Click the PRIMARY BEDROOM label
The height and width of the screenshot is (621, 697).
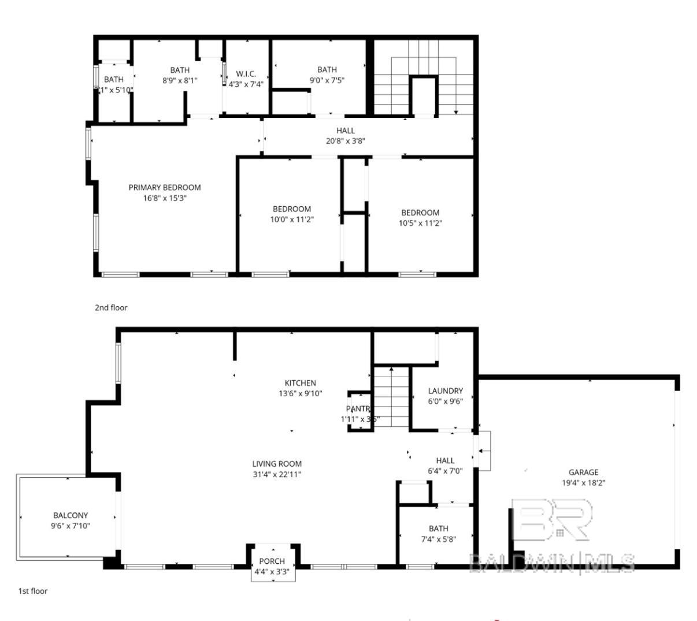[x=165, y=188]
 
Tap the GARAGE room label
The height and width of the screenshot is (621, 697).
[x=583, y=472]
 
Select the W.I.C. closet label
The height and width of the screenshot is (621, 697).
[x=246, y=74]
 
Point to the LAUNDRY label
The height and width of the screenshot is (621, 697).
[x=445, y=391]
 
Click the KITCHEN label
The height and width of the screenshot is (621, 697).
[x=300, y=383]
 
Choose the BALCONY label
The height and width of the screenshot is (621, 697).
[x=71, y=515]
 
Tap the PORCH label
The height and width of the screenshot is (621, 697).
[x=272, y=561]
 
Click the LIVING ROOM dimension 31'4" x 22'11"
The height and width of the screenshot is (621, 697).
[x=277, y=474]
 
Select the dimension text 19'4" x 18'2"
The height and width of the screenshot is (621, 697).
[x=583, y=482]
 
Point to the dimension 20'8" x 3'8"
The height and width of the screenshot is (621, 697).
[x=346, y=140]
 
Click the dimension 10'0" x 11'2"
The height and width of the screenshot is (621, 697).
[x=292, y=220]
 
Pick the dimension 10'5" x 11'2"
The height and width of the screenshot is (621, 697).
[x=420, y=223]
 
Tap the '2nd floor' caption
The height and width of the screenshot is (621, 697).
[x=111, y=308]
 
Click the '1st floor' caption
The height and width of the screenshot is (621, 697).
[x=33, y=591]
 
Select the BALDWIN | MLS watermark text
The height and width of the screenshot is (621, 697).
[x=552, y=563]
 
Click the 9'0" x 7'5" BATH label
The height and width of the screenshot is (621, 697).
[x=327, y=70]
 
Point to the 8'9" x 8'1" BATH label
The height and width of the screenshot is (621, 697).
[x=180, y=70]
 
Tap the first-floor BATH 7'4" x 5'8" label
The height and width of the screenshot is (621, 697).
[x=438, y=529]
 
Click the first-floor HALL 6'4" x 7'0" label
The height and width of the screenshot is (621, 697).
[x=445, y=460]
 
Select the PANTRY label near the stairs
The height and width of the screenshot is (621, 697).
[x=358, y=409]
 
